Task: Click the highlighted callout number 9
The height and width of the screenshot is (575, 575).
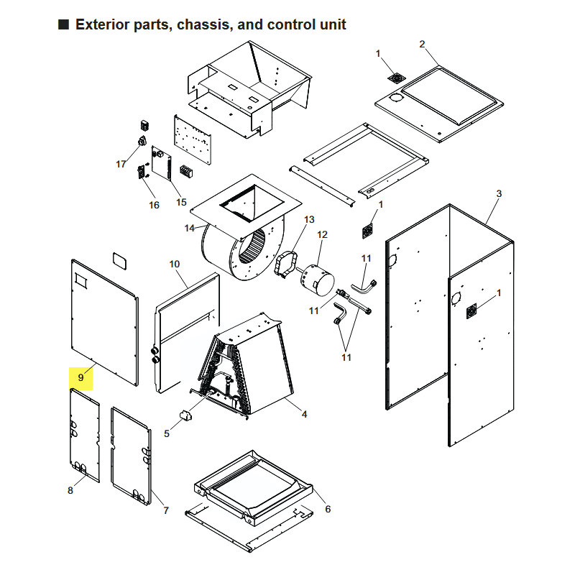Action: pos(80,377)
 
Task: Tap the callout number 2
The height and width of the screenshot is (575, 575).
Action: pos(422,44)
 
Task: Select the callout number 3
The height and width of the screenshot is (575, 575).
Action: pos(499,193)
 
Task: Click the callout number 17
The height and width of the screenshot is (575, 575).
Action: pos(121,165)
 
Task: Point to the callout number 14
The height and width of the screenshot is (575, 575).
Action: pos(189,228)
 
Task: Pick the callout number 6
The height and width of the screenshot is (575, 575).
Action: pos(328,509)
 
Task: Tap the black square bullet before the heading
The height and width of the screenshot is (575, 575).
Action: pos(63,24)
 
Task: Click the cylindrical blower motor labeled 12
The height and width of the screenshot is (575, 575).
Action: pos(318,280)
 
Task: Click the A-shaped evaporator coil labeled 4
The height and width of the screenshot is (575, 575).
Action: pos(246,367)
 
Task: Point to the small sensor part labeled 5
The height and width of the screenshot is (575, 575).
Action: pos(186,415)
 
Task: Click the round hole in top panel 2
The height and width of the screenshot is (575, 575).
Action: pos(396,98)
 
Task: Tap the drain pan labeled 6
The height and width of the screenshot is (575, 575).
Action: pos(253,484)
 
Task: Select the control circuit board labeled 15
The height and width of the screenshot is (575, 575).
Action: pos(161,163)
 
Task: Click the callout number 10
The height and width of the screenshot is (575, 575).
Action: pos(175,264)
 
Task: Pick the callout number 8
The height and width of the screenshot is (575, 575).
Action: pos(70,490)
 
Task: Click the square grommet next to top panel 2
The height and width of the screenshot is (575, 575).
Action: pos(397,78)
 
